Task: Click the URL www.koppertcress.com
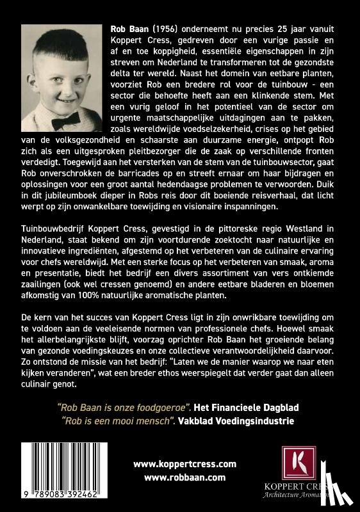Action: [x=185, y=464]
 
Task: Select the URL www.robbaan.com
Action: [x=185, y=477]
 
